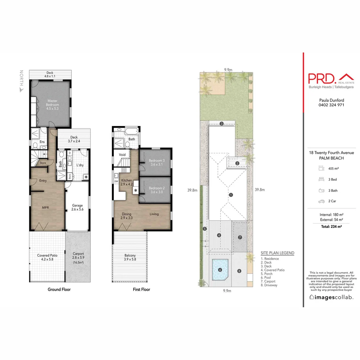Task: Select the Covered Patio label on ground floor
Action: [47, 257]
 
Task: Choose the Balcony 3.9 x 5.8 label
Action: [130, 257]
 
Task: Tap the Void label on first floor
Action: [122, 155]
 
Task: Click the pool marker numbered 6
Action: [220, 270]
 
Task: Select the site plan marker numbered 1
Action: [231, 195]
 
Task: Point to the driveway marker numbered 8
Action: [239, 271]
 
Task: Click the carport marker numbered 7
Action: [240, 237]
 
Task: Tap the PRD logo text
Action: [322, 79]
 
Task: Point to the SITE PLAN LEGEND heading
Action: [277, 253]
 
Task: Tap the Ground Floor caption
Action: [59, 289]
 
